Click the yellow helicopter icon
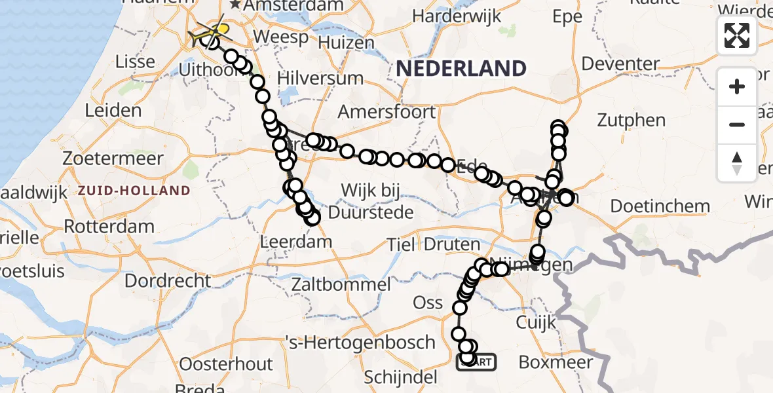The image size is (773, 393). [x=219, y=30]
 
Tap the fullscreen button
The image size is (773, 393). [x=737, y=35]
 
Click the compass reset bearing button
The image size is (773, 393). [x=737, y=163]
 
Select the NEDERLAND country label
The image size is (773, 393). [x=461, y=68]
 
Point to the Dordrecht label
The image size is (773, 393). [x=168, y=281]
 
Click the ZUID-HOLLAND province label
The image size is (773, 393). [x=134, y=191]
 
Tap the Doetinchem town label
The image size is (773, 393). [x=660, y=206]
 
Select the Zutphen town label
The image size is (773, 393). [x=632, y=121]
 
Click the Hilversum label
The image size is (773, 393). [x=320, y=78]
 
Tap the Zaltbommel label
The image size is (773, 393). [x=341, y=284]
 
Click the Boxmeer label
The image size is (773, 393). [x=556, y=362]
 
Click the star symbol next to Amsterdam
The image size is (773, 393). [x=235, y=5]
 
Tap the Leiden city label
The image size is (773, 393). [x=113, y=110]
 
